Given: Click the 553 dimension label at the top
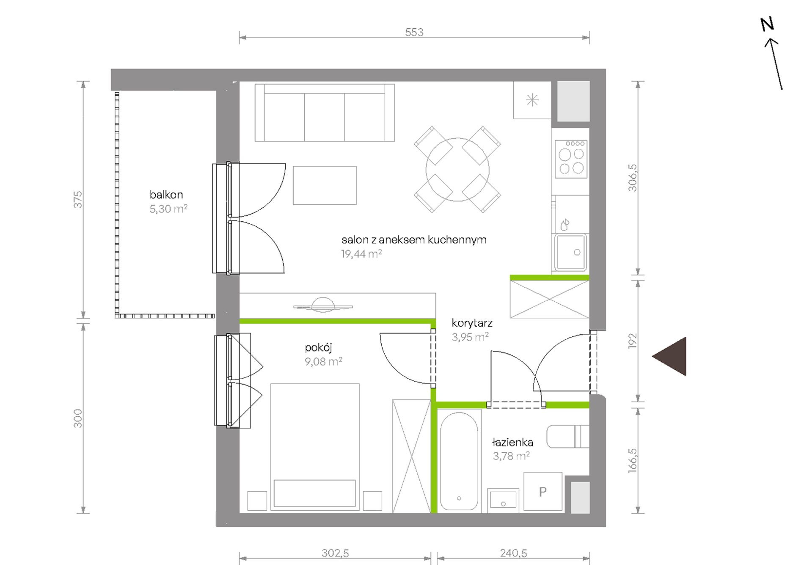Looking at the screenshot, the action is [414, 32].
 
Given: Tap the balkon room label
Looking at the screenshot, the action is [166, 195].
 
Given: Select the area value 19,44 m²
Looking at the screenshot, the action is [361, 254].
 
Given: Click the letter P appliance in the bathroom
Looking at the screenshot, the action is [543, 492].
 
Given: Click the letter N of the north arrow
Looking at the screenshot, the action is [767, 24].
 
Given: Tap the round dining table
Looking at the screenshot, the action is [457, 170].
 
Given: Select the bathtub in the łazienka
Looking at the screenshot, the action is [459, 460].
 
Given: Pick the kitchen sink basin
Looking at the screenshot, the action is [571, 252].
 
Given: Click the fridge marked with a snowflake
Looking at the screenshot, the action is [532, 100].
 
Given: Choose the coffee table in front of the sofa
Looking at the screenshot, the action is [325, 185].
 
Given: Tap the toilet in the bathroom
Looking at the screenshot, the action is [567, 436].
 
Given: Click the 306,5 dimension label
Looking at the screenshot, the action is [632, 178].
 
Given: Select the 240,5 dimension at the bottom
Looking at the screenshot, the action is [513, 553].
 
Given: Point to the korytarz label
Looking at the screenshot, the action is [472, 323].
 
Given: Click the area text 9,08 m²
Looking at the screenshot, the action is [323, 361].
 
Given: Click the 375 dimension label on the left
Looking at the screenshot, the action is [78, 200].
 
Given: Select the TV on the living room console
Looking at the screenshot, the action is [323, 305].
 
